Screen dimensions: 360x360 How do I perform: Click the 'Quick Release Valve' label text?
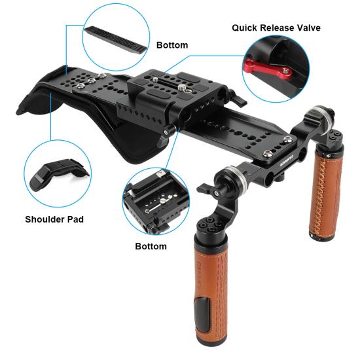pyautogui.click(x=276, y=27)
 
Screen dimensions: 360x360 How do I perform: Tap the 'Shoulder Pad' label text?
pyautogui.click(x=54, y=219)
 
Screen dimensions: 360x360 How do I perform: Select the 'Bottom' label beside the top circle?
pyautogui.click(x=172, y=45)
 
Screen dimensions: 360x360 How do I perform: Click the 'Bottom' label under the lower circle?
pyautogui.click(x=151, y=246)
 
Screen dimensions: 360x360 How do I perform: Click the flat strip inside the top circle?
pyautogui.click(x=116, y=39)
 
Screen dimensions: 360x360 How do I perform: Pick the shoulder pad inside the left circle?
pyautogui.click(x=59, y=174)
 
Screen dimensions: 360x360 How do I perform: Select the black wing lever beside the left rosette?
pyautogui.click(x=206, y=189)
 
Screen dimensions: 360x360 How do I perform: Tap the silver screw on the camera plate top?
pyautogui.click(x=181, y=87)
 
